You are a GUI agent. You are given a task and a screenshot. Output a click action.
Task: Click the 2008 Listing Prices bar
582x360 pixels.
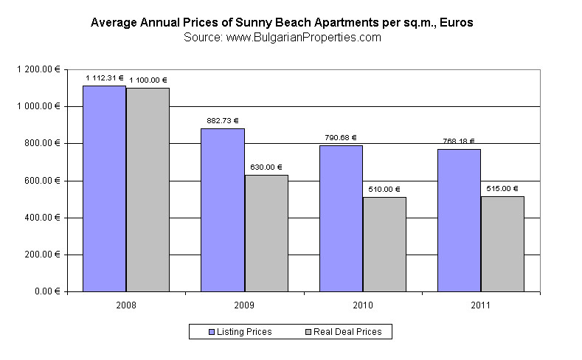(x=104, y=188)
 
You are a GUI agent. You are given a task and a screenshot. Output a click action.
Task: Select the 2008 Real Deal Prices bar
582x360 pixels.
(x=148, y=190)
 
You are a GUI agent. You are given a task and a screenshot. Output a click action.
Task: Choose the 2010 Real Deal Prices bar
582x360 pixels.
(x=384, y=244)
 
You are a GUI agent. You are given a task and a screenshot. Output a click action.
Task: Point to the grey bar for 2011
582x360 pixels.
(x=502, y=243)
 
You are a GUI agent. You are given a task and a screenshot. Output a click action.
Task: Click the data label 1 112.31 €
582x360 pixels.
(x=105, y=77)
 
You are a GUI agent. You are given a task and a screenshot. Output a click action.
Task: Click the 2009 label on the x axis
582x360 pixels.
(x=244, y=305)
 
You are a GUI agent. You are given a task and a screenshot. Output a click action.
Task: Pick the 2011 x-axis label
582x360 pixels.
(x=480, y=305)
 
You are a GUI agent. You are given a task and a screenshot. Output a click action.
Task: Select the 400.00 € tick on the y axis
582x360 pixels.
(x=43, y=218)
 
